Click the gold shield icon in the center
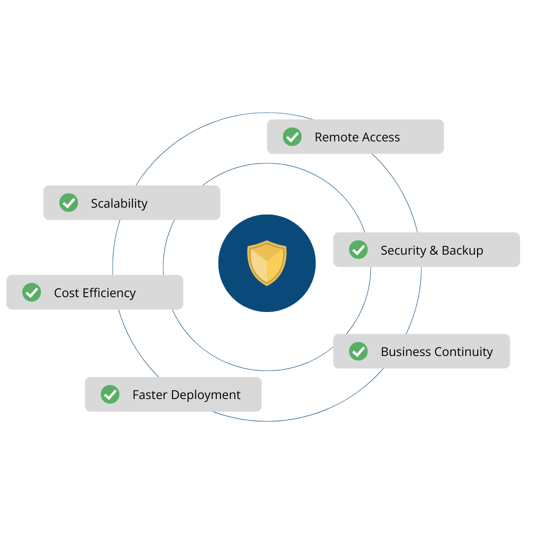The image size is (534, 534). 267,263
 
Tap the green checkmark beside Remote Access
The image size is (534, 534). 292,137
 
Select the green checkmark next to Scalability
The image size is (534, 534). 69,203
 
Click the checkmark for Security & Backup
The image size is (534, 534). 358,250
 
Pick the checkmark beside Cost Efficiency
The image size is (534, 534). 32,292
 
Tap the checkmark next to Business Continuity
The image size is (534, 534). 358,352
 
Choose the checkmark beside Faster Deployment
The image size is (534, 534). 110,395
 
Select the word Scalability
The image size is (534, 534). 119,204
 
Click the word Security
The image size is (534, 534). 403,251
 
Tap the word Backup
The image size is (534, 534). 462,251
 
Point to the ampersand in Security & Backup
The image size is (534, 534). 434,251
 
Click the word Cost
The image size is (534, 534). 66,293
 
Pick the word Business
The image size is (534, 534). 406,352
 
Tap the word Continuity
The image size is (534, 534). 464,352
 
